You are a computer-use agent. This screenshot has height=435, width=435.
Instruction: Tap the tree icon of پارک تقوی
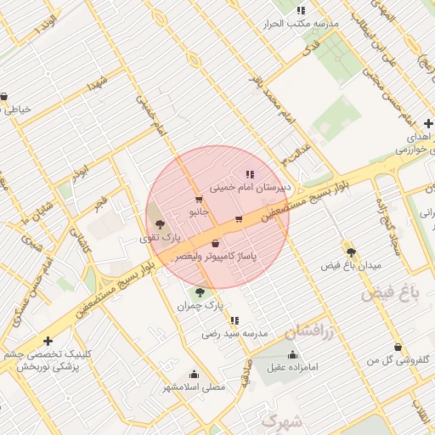click(x=160, y=224)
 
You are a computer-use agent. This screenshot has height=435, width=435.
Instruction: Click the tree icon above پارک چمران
click(x=200, y=292)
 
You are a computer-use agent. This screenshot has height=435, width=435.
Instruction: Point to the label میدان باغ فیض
click(x=351, y=265)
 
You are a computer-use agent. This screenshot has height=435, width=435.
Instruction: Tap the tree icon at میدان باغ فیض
click(x=351, y=252)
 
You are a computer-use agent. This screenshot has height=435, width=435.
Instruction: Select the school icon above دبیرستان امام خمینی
click(x=250, y=173)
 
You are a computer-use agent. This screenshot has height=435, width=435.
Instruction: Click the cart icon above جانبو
click(x=198, y=200)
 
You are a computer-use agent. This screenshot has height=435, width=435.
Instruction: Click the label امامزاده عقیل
click(x=293, y=367)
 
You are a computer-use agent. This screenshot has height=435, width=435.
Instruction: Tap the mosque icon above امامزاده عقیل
click(x=293, y=355)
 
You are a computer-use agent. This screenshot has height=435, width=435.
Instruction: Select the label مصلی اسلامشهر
click(x=195, y=387)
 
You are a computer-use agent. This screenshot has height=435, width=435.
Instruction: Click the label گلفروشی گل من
click(x=398, y=360)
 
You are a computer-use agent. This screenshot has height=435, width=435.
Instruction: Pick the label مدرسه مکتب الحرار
click(x=302, y=23)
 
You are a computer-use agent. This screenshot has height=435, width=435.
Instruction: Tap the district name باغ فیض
click(x=392, y=294)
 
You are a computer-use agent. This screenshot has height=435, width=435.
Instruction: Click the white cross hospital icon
click(x=48, y=341)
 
